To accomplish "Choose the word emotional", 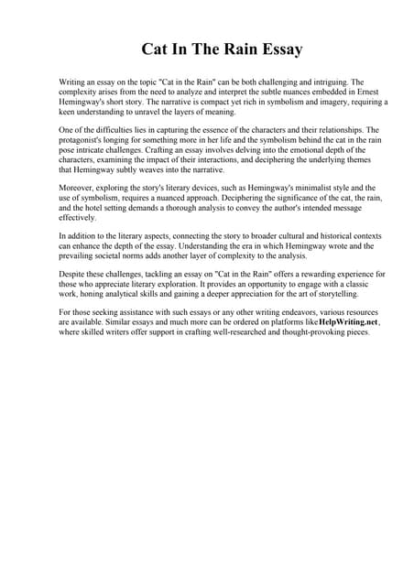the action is click(x=302, y=150).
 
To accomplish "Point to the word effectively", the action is click(x=77, y=219).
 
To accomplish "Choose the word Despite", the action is click(x=74, y=276).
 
